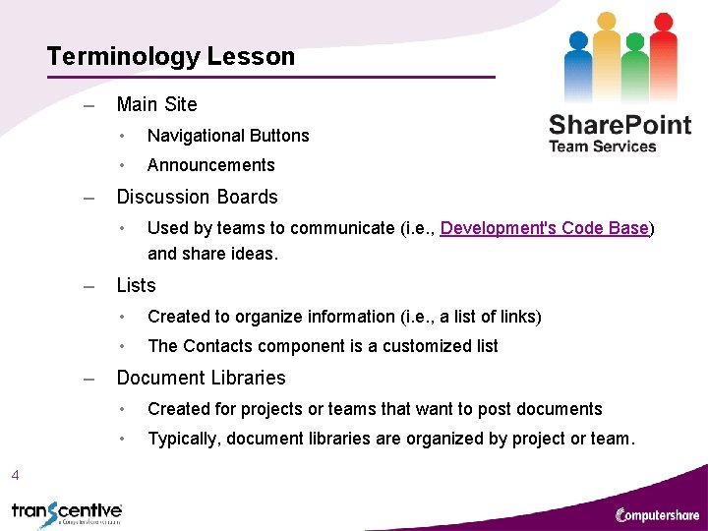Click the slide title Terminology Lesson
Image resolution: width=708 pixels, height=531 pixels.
coord(170,56)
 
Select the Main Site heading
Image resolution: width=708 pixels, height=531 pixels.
coord(156,104)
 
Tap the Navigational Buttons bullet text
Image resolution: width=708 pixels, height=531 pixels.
coord(228,136)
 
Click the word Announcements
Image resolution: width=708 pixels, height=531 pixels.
coord(210,165)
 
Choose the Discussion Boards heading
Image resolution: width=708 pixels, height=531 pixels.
coord(197,197)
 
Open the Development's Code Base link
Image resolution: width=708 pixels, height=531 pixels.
coord(545,228)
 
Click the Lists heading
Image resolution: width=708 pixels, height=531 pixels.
coord(136,285)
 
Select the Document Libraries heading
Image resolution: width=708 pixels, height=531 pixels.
coord(201,378)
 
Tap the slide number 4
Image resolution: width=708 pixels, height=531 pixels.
coord(15,476)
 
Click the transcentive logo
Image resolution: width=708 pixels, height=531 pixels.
coord(67,512)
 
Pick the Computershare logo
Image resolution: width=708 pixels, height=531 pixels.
coord(656,513)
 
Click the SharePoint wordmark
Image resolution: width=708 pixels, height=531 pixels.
coord(619,125)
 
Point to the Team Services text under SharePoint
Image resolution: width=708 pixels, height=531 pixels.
coord(602,147)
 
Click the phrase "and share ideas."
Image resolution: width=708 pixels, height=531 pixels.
coord(212,254)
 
